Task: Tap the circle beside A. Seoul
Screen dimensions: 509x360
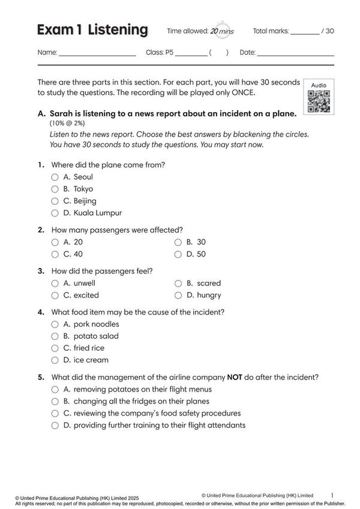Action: pyautogui.click(x=55, y=177)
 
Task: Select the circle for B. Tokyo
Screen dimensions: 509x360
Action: pyautogui.click(x=55, y=189)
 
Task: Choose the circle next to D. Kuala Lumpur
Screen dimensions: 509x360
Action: pyautogui.click(x=55, y=213)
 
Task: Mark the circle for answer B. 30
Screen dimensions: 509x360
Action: pyautogui.click(x=178, y=242)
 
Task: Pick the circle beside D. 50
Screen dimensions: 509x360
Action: pyautogui.click(x=178, y=254)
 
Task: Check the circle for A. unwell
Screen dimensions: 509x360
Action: pyautogui.click(x=55, y=283)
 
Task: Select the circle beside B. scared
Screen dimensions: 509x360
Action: pyautogui.click(x=178, y=283)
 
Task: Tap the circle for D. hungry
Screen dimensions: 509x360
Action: pyautogui.click(x=178, y=295)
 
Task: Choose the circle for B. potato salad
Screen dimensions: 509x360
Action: pyautogui.click(x=55, y=336)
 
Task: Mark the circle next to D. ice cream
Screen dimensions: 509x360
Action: pyautogui.click(x=55, y=360)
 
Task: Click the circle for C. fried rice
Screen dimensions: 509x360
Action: pyautogui.click(x=55, y=348)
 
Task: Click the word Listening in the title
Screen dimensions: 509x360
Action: pyautogui.click(x=118, y=30)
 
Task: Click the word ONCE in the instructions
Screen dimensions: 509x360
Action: pyautogui.click(x=242, y=93)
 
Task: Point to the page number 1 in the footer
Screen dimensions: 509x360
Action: pyautogui.click(x=332, y=495)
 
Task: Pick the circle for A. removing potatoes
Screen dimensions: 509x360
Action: pyautogui.click(x=55, y=390)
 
